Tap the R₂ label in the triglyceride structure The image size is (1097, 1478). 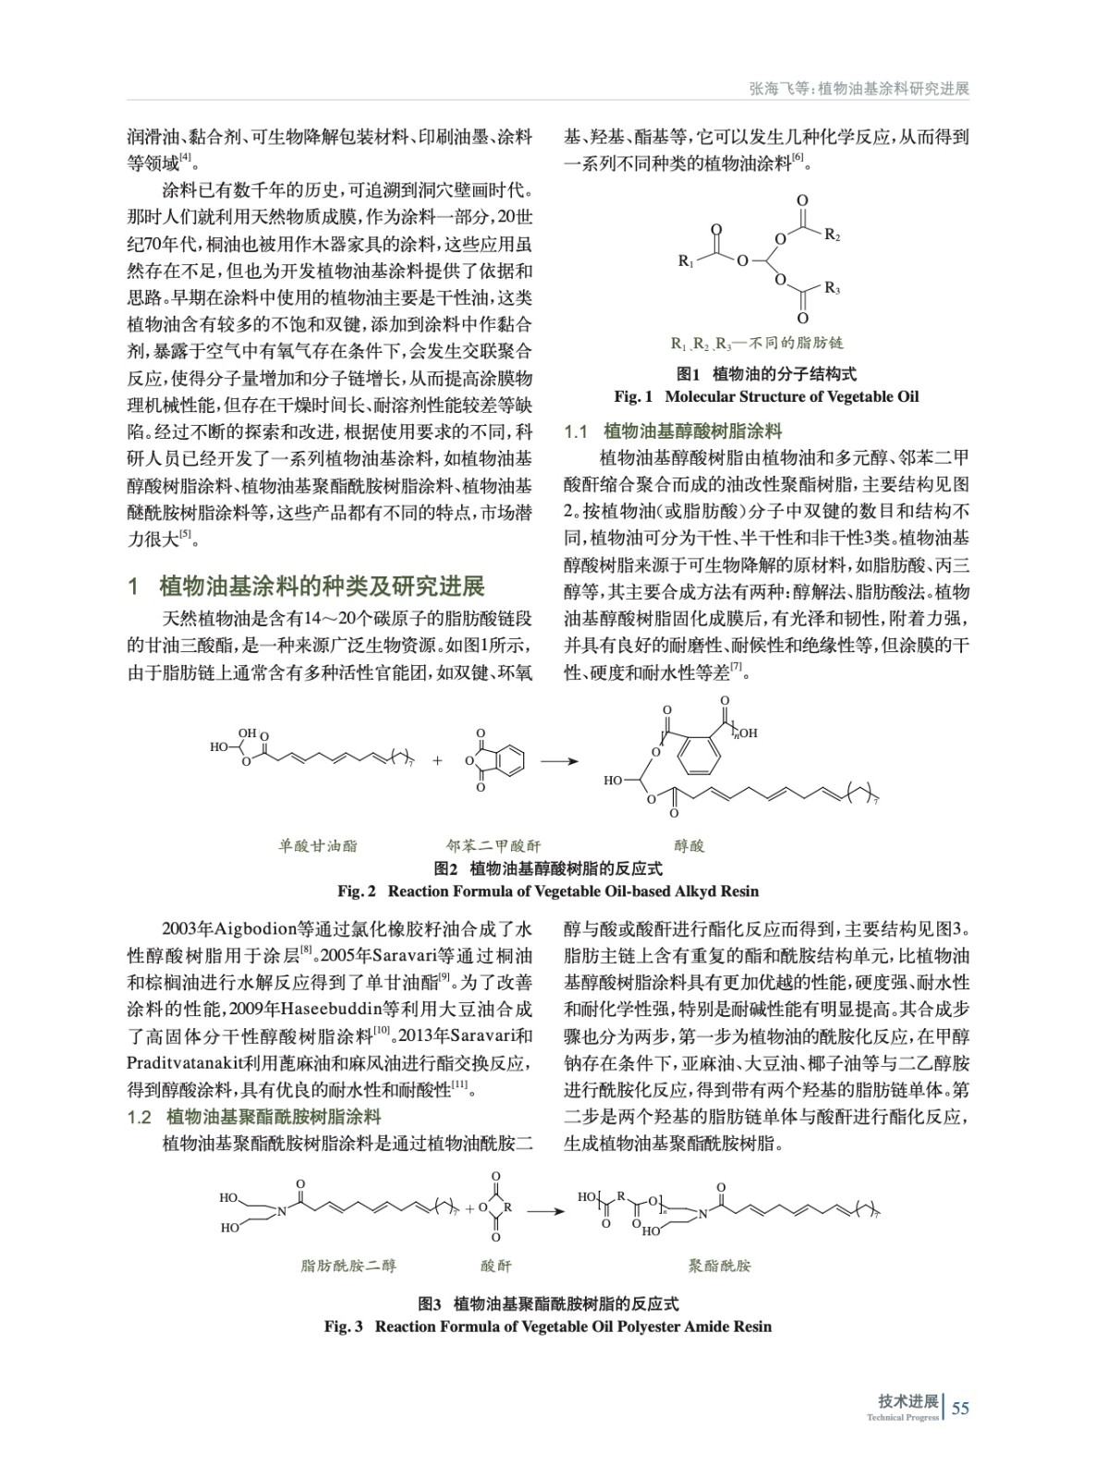[832, 236]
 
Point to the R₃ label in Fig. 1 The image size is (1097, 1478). [832, 289]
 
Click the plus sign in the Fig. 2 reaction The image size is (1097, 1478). [437, 762]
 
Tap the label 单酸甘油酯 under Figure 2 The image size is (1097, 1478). [318, 845]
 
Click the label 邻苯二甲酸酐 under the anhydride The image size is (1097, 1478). [494, 845]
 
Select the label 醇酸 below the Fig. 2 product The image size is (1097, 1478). [689, 845]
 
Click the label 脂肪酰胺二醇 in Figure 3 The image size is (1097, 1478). [348, 1266]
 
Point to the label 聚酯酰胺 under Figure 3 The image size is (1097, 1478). [720, 1266]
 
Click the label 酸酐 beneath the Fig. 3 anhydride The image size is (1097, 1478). [495, 1266]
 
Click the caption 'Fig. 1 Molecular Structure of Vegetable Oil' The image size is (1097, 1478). [766, 396]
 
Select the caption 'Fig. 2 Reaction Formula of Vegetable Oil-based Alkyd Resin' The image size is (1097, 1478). [548, 891]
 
